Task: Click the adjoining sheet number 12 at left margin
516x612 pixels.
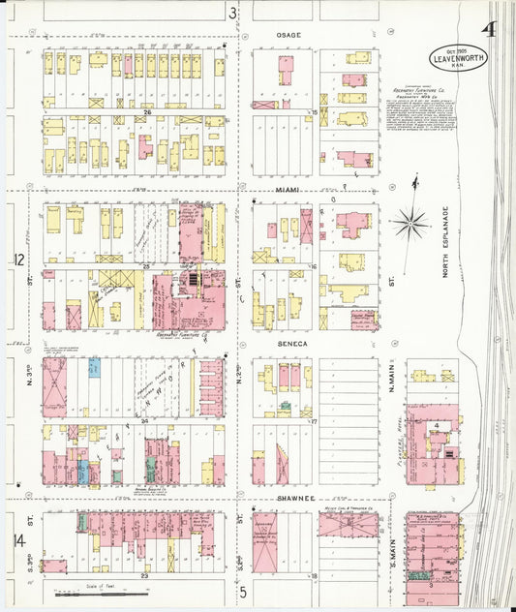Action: [x=18, y=260]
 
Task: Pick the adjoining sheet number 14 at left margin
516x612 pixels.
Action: [x=18, y=538]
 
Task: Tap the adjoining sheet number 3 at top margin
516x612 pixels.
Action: [x=232, y=13]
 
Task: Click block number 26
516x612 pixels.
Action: [x=147, y=112]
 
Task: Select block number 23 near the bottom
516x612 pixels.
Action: [x=144, y=576]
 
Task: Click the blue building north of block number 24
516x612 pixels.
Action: [x=95, y=368]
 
